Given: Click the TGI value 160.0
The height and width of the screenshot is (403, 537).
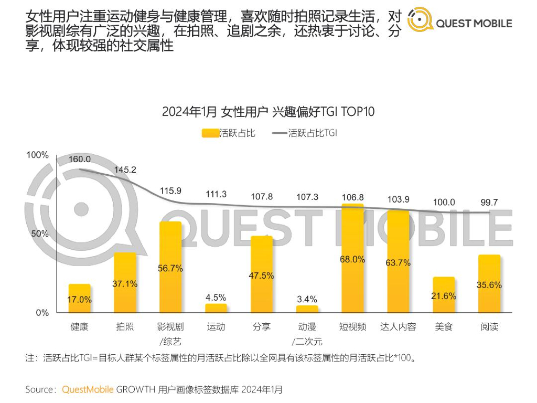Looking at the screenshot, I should coord(80,160).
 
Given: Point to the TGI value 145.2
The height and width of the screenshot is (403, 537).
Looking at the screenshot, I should coord(125,170).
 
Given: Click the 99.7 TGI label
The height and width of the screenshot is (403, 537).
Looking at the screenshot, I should coord(489,202).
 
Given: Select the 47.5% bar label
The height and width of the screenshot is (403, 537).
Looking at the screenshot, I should coord(261,275).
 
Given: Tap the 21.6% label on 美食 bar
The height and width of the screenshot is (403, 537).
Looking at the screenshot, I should coord(444,296).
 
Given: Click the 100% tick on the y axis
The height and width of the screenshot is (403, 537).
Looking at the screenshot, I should coord(38,155).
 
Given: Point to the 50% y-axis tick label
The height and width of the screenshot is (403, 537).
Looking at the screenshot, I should coord(40,234).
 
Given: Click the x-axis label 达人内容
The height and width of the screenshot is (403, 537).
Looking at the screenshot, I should coord(398,327).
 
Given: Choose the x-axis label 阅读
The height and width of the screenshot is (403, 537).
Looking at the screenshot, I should coord(489,327).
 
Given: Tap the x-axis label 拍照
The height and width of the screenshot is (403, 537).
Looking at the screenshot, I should coord(125,327).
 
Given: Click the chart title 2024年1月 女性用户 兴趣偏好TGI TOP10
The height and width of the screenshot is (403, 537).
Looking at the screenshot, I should coord(268,112).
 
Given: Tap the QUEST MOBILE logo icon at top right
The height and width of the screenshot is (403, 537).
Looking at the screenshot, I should coord(420,20).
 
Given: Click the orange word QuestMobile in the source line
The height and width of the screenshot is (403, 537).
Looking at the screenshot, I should coord(87,389).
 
